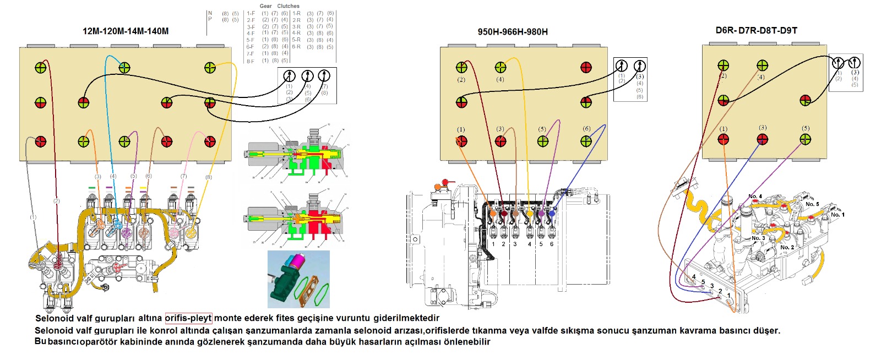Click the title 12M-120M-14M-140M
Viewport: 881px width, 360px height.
126,31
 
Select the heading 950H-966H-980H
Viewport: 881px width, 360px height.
513,32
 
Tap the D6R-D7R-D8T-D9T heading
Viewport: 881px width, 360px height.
756,30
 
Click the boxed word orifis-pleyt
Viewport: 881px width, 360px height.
188,318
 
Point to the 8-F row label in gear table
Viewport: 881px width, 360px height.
251,61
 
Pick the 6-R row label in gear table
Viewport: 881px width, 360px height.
296,47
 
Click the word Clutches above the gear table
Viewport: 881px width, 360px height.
289,6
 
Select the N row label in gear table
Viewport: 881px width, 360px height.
210,13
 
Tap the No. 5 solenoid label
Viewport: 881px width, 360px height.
812,204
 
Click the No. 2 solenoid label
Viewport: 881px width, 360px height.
787,247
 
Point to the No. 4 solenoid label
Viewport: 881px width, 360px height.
755,197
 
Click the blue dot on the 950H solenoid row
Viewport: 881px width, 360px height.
552,213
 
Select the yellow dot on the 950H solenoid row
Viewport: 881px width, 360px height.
530,214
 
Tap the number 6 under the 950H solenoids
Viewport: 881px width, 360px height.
552,244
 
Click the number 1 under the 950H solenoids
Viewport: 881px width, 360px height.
493,244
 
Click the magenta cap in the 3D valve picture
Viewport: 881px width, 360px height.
300,260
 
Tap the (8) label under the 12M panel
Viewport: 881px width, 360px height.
208,177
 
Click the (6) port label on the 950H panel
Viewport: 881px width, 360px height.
586,129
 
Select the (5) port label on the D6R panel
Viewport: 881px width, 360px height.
806,128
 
